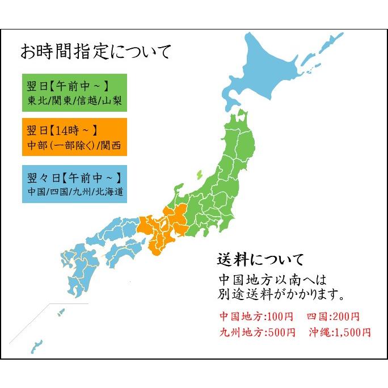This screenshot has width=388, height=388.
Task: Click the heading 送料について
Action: [x=260, y=260]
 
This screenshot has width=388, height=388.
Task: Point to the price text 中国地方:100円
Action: [x=257, y=317]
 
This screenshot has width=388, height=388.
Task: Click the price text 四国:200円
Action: [x=333, y=317]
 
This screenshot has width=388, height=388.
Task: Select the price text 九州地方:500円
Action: [x=257, y=332]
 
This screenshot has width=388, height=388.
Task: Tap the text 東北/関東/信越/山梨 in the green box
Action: [x=74, y=102]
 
